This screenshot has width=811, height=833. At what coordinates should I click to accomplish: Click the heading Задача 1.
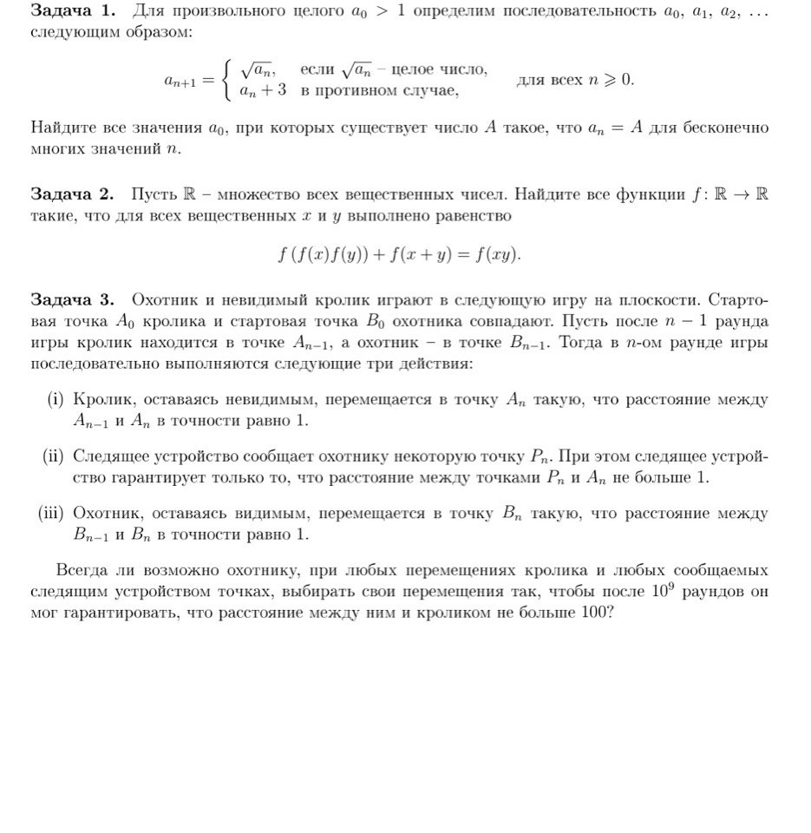point(73,11)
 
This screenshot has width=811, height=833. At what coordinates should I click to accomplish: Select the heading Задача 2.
point(73,194)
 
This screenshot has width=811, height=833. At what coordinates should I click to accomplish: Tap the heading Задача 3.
point(73,300)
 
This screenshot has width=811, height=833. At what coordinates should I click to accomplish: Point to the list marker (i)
point(56,400)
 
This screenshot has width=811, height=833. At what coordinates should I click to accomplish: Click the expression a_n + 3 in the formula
point(264,90)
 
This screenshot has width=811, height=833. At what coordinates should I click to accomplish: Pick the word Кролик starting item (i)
point(101,400)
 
